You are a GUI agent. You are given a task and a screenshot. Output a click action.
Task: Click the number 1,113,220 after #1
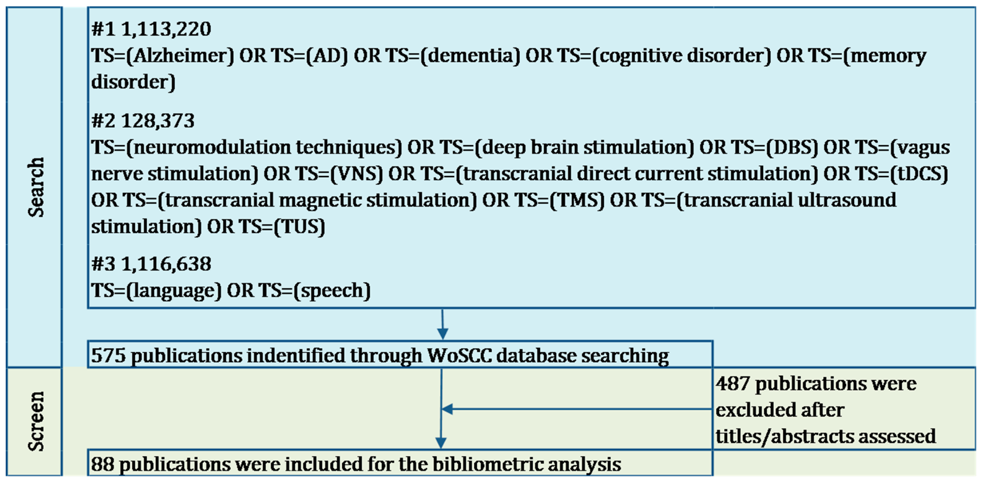(166, 29)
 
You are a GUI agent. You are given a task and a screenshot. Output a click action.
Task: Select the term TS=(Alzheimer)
(163, 56)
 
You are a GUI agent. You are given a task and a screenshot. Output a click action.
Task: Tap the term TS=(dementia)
(453, 56)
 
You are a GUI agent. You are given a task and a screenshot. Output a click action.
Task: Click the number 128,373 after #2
(157, 121)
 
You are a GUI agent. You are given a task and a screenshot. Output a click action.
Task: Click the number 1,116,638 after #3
(166, 264)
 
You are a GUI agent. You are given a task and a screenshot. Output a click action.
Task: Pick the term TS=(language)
(156, 291)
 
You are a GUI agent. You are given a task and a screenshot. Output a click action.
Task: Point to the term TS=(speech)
(314, 291)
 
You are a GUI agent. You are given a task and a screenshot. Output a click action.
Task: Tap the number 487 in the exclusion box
(733, 384)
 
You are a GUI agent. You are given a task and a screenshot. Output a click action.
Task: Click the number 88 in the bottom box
(102, 464)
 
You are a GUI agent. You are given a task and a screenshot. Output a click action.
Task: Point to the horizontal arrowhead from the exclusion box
(447, 409)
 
